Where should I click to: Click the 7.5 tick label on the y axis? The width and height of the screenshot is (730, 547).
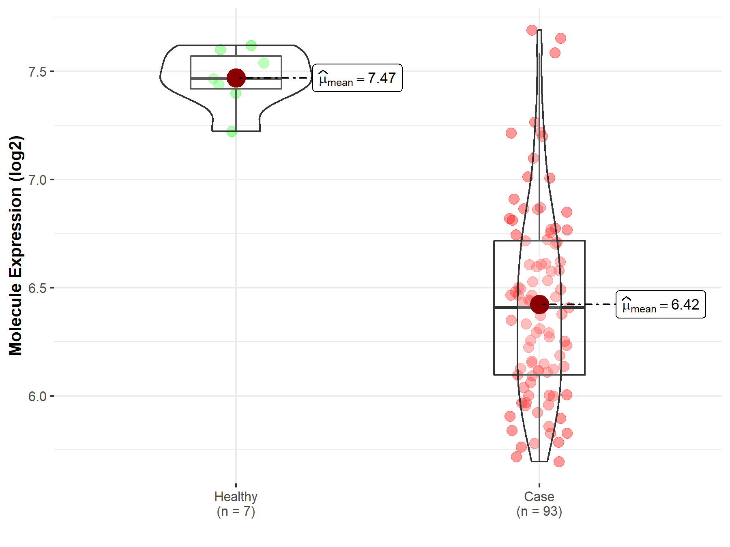(x=37, y=72)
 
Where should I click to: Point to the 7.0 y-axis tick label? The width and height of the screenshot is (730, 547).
(x=37, y=180)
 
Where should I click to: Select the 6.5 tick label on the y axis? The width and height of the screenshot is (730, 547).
(x=37, y=288)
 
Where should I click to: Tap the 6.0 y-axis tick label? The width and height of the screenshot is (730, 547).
(x=37, y=396)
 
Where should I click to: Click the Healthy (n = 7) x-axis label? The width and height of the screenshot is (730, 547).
(x=236, y=504)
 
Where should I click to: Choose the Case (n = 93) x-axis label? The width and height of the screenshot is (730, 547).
(x=539, y=504)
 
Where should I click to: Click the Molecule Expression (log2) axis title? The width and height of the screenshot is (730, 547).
(x=15, y=246)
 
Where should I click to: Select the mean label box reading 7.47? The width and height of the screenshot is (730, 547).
(x=357, y=78)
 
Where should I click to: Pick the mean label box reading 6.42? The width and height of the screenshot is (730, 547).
(x=660, y=304)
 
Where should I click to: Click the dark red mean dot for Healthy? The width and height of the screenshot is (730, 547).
(x=236, y=78)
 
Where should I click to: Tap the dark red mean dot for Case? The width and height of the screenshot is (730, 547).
(x=539, y=304)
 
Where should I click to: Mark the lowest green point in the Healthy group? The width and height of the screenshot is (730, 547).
(x=232, y=131)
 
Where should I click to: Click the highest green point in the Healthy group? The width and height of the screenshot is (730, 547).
(x=251, y=45)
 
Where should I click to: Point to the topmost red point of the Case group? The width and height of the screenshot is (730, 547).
(x=532, y=30)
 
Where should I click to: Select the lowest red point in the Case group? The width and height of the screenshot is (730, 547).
(x=559, y=462)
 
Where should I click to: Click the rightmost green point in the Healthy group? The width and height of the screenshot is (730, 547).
(x=264, y=63)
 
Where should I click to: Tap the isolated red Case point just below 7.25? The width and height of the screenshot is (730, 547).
(x=511, y=133)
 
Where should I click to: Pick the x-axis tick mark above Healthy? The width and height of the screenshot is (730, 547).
(x=236, y=485)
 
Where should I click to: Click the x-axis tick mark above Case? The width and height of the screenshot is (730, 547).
(x=539, y=485)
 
